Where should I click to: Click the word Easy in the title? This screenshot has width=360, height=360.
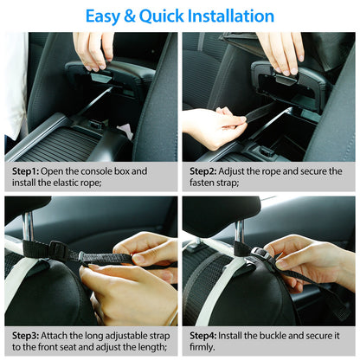tap(108, 16)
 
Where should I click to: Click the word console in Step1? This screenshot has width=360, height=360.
tap(107, 171)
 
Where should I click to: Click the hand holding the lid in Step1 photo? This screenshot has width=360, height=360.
tap(93, 48)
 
